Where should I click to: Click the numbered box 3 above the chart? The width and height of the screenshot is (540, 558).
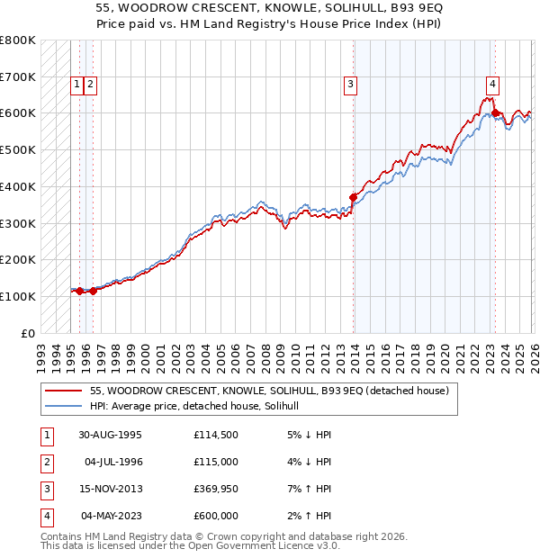[349, 85]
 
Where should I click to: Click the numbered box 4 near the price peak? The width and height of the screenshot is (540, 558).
[492, 85]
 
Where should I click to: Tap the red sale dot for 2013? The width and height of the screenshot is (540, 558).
[353, 197]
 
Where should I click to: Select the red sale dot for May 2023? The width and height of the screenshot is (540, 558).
[495, 113]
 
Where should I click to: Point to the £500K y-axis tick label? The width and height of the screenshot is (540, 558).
[18, 150]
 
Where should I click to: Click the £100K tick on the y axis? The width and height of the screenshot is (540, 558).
[18, 296]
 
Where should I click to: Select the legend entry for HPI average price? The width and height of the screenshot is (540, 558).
[200, 407]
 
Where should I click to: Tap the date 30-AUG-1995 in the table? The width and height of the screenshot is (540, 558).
[110, 435]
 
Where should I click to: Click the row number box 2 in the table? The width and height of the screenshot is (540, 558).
[46, 462]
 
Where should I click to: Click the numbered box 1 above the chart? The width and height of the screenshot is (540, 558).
[78, 85]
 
